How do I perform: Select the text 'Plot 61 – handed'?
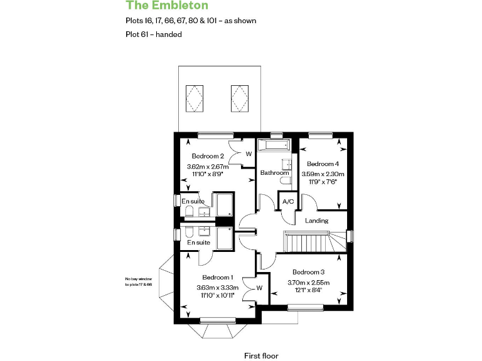154,34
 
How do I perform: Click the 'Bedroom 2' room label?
208,156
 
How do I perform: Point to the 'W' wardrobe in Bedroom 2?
249,154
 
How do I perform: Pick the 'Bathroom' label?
274,173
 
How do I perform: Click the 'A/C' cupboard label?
288,202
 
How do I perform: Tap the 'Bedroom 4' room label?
323,163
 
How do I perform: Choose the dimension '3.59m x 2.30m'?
323,174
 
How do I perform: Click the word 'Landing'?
317,221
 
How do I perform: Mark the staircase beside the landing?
308,241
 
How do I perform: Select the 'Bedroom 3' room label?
308,272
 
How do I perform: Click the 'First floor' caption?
261,355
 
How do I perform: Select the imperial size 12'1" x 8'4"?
308,290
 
